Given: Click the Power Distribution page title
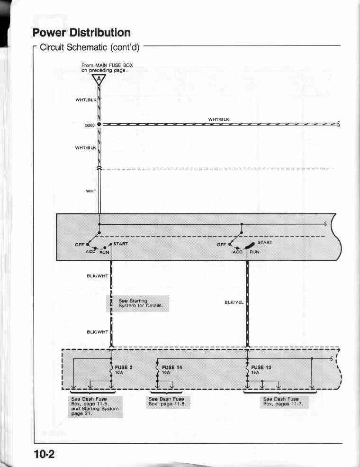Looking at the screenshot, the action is (81, 32).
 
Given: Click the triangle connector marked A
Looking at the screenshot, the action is (99, 79).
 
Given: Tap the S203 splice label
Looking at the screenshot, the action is (90, 125).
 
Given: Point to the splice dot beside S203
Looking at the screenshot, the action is (99, 125).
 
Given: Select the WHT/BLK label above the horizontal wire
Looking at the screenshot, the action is (219, 119).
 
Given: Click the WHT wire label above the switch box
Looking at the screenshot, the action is (91, 191).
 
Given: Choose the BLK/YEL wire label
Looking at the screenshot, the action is (234, 302).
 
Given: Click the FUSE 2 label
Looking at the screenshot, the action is (124, 367).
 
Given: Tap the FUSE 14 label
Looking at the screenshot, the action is (172, 367).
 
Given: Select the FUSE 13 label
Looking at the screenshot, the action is (261, 367).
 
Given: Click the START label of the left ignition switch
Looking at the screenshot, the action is (120, 244).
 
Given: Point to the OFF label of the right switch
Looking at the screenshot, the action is (221, 245).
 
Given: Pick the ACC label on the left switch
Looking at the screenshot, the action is (90, 252).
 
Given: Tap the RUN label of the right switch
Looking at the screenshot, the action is (254, 252).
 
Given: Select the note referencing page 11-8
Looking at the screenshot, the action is (167, 402).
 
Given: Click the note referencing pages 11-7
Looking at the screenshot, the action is (283, 402).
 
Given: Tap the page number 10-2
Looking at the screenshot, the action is (44, 454).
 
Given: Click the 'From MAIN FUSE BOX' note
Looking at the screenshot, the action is (107, 68).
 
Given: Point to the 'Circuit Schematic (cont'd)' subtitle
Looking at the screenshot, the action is (90, 47).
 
